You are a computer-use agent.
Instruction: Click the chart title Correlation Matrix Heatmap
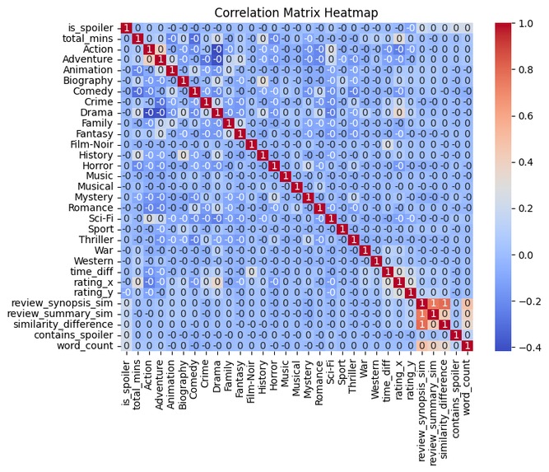(x=296, y=12)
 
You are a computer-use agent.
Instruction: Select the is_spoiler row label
(x=92, y=30)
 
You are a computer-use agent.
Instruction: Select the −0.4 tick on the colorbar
(x=525, y=347)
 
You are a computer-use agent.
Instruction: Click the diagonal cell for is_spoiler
(x=126, y=30)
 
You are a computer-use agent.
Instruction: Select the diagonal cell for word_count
(x=467, y=344)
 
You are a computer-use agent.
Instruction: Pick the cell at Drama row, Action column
(x=149, y=114)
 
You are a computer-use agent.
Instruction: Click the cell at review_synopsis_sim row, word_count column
(x=467, y=302)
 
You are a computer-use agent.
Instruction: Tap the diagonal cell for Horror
(x=274, y=166)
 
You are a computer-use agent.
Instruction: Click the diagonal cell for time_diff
(x=388, y=271)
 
